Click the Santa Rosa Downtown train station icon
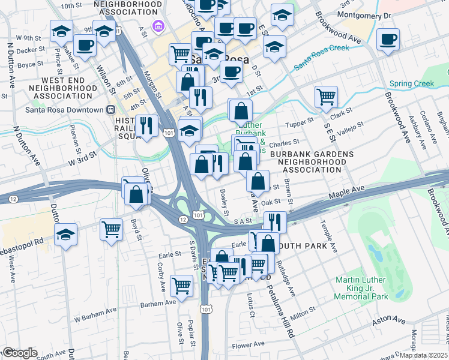point(110,110)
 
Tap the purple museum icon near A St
point(158,26)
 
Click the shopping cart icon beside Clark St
point(326,96)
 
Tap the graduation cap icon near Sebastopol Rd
point(65,235)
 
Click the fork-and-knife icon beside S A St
point(276,221)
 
